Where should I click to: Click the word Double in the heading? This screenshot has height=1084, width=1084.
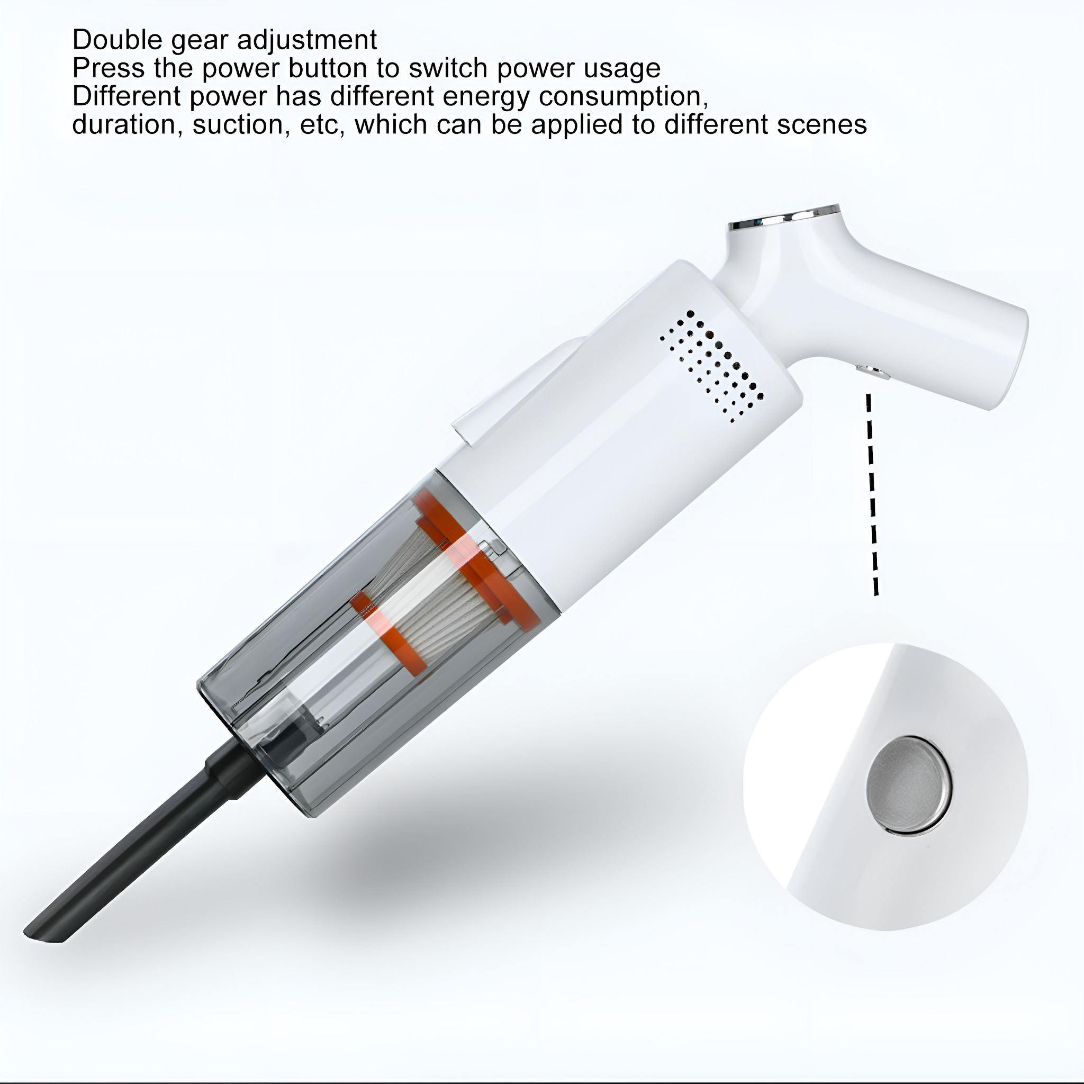[x=118, y=40]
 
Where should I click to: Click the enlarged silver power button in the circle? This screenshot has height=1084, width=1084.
[x=909, y=784]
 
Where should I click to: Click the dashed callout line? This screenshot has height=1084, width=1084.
[x=872, y=494]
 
